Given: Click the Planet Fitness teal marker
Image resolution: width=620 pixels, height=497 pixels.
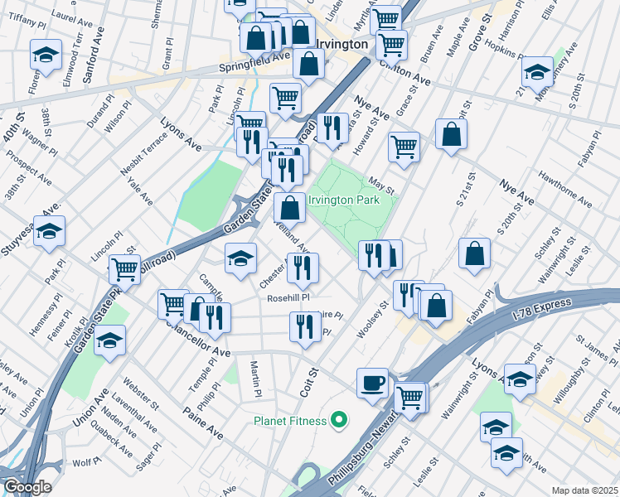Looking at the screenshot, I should (x=337, y=421).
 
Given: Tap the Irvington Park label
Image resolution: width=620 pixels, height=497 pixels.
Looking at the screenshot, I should (x=343, y=200).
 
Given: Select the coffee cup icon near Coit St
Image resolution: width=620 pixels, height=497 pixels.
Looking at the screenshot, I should (x=372, y=383).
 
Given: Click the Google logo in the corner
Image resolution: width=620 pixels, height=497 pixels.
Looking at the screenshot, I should (x=27, y=487).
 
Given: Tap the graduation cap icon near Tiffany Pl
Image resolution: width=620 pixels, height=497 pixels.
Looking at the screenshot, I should (x=46, y=55).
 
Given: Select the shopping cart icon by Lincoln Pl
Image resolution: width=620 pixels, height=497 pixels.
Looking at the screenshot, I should (x=124, y=268).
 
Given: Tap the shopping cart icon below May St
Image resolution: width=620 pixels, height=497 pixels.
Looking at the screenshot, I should (x=404, y=147).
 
